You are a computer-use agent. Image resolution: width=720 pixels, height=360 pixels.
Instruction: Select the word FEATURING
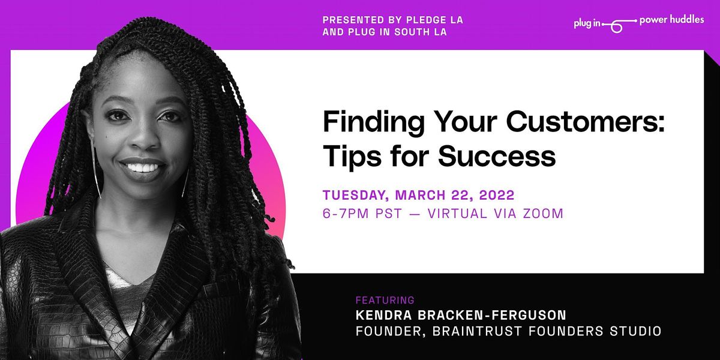(x=385, y=300)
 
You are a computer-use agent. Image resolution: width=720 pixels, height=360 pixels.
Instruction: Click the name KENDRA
(x=388, y=315)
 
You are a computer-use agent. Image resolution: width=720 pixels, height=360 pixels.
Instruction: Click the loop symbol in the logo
(x=616, y=25)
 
